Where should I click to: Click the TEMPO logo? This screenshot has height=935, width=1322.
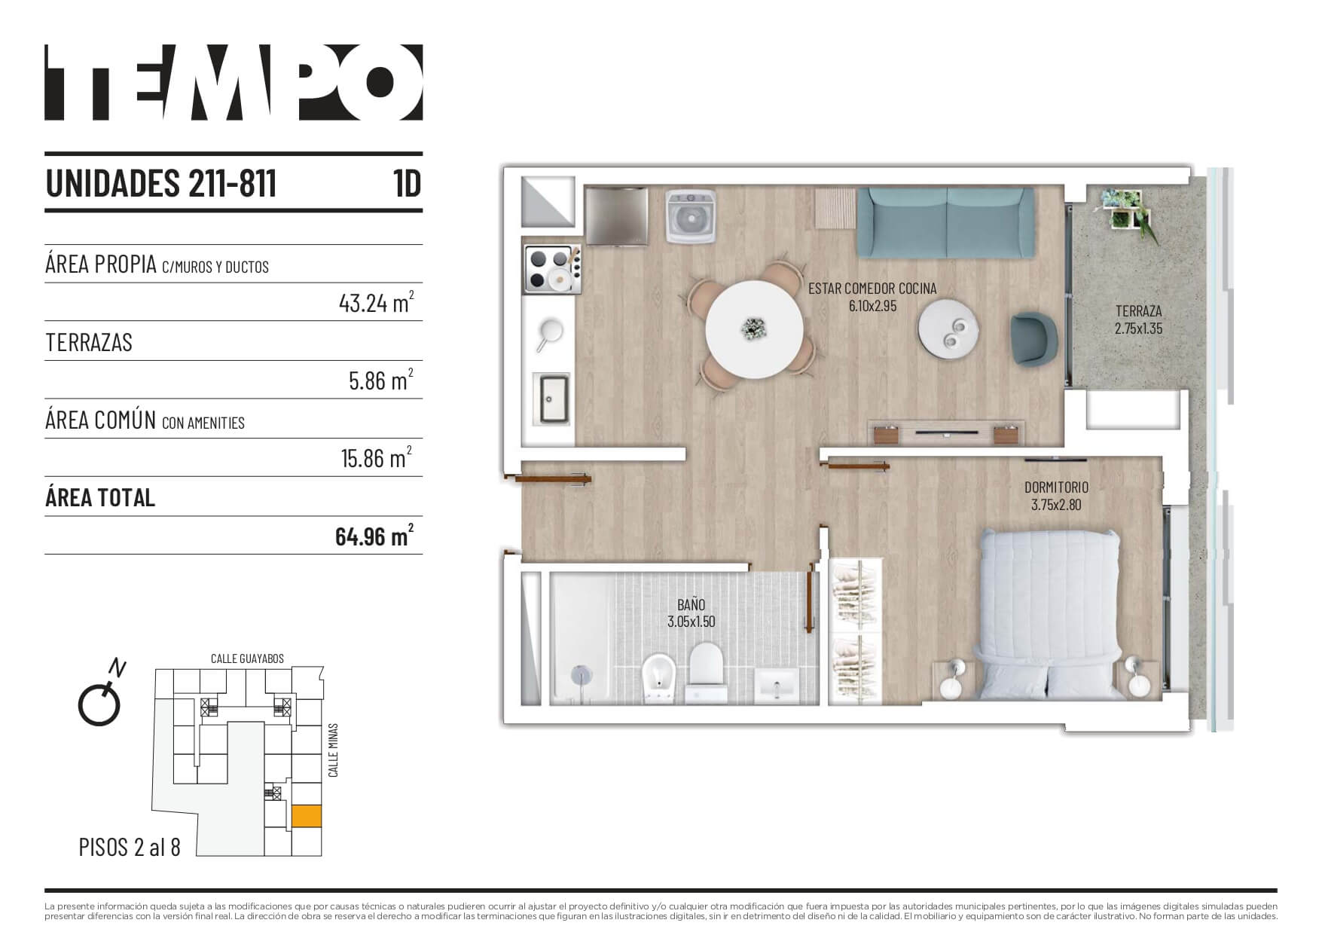tap(234, 82)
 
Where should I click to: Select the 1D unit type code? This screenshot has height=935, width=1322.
tap(407, 183)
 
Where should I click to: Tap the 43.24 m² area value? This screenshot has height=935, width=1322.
tap(376, 302)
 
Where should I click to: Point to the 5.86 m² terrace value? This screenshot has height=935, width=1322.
tap(381, 380)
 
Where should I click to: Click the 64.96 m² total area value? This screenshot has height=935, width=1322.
tap(374, 536)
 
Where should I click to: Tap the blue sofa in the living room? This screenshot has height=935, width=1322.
tap(947, 223)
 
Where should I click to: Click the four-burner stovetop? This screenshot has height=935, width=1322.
tap(552, 269)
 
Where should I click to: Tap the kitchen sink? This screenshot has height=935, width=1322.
tap(552, 399)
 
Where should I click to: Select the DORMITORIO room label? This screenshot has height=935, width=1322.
tap(1056, 487)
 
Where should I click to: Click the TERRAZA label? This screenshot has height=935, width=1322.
tap(1138, 310)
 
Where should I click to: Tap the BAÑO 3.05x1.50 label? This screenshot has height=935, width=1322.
tap(691, 613)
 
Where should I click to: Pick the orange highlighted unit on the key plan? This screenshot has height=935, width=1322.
tap(307, 816)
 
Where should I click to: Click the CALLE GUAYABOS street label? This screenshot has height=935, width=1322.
tap(247, 658)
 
